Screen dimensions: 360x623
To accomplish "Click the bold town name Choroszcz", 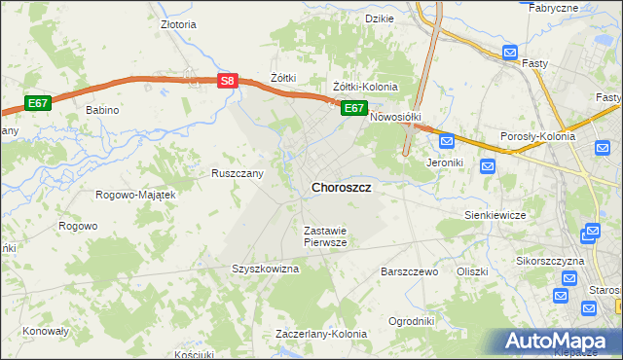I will point(341,187).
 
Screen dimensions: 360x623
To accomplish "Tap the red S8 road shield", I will point(226,82).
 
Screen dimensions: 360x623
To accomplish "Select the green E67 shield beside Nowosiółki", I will point(353,108).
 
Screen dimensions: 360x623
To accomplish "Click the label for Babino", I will point(101,110).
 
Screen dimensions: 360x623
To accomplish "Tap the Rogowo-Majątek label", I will point(135,195).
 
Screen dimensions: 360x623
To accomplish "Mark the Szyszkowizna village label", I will point(265,269).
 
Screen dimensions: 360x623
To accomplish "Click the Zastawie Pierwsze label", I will point(325,236).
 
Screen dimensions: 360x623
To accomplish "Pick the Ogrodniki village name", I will point(411,321).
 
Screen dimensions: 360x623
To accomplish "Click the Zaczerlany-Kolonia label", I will point(321,334).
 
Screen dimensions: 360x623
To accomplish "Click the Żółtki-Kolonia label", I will point(366,87).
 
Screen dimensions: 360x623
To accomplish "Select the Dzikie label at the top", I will point(379,18).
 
